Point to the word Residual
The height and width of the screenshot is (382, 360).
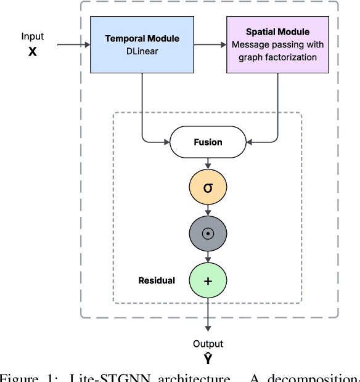156,280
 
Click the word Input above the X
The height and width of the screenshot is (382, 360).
33,37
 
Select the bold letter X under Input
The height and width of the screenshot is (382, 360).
32,52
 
